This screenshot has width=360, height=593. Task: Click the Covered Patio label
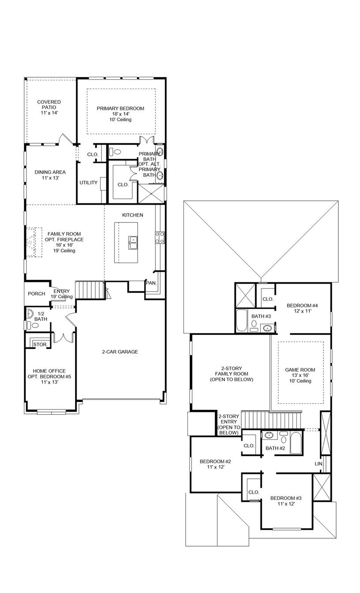pyautogui.click(x=49, y=105)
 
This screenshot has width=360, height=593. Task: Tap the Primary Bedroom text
pyautogui.click(x=120, y=108)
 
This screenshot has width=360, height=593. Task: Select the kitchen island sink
pyautogui.click(x=133, y=240)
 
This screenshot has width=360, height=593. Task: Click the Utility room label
pyautogui.click(x=89, y=183)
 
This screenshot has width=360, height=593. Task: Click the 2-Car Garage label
pyautogui.click(x=120, y=352)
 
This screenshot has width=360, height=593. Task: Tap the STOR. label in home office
pyautogui.click(x=40, y=344)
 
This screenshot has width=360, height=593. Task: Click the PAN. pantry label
pyautogui.click(x=151, y=283)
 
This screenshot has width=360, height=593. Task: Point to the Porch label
pyautogui.click(x=37, y=294)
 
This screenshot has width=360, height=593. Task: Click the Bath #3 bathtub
pyautogui.click(x=242, y=321)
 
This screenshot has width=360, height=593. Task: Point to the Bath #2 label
pyautogui.click(x=275, y=448)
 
